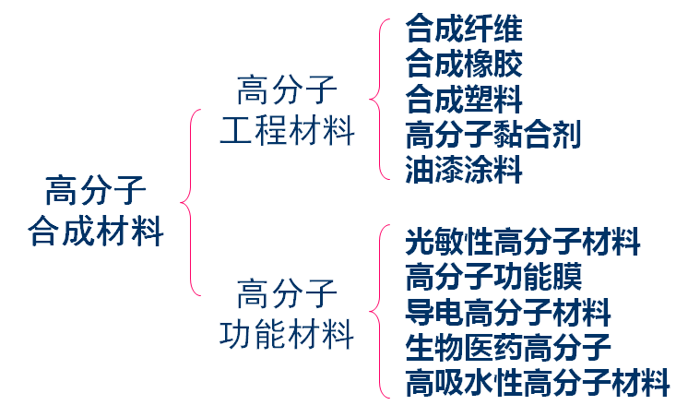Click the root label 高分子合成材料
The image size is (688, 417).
click(x=96, y=211)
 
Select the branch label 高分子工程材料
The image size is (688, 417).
click(x=287, y=112)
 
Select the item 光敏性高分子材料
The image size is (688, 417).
click(x=523, y=243)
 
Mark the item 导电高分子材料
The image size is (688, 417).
click(x=508, y=312)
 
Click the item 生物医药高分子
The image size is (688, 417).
click(x=508, y=347)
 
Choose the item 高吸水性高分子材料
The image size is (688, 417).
click(x=538, y=382)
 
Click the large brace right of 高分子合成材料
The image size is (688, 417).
click(x=189, y=202)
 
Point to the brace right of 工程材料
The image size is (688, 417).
click(x=377, y=98)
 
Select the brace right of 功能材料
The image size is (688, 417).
click(x=377, y=312)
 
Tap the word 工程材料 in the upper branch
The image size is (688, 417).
click(x=287, y=130)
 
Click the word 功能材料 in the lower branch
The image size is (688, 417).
click(x=287, y=333)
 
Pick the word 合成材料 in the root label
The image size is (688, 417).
click(x=96, y=230)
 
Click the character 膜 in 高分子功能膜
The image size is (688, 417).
click(x=566, y=277)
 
